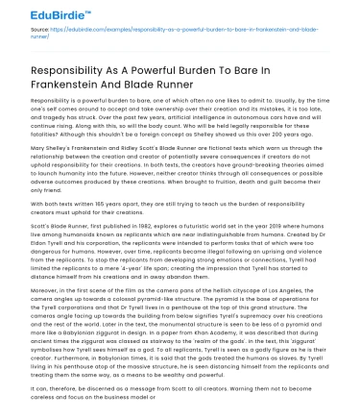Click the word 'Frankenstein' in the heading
click(x=72, y=98)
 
